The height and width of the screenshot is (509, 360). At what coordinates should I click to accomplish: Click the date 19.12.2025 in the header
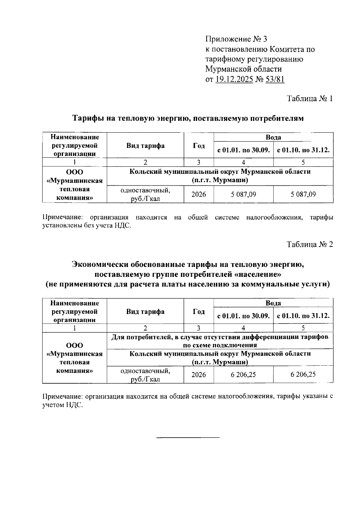234,79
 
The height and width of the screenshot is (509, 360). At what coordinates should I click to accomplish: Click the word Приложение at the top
228,39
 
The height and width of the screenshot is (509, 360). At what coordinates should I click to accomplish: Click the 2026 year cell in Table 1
199,194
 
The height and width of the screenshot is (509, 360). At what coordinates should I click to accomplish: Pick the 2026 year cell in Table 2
199,374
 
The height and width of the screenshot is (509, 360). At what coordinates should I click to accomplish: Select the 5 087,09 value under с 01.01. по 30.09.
243,194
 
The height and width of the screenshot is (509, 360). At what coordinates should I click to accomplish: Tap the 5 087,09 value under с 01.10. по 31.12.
303,194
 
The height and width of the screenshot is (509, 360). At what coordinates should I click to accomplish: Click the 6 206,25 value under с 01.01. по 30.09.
243,374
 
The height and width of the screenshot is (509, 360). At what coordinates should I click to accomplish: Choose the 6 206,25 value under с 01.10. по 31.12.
303,374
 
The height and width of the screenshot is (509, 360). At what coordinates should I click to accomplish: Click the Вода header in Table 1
273,137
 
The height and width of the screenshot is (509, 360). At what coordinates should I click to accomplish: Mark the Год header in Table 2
199,311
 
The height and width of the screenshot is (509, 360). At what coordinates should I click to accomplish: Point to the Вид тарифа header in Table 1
145,146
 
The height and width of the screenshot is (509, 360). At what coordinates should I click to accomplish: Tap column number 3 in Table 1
199,163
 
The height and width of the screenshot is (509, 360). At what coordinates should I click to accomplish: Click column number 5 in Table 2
303,328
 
